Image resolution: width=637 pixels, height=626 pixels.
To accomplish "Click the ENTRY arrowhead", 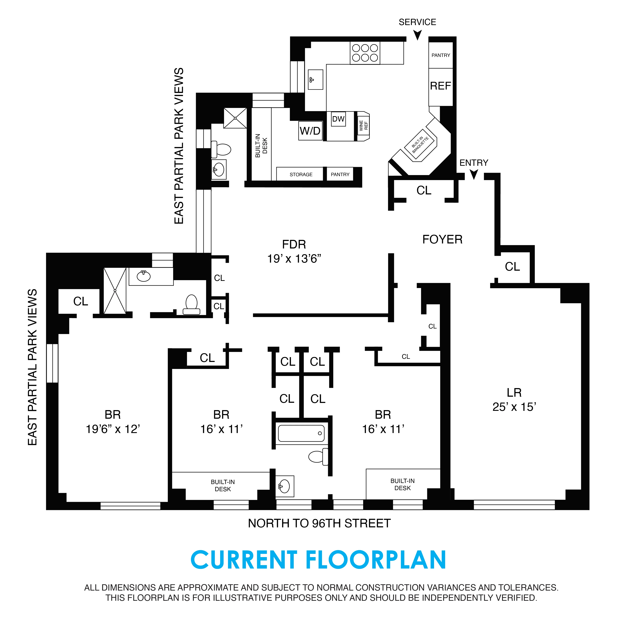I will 474,174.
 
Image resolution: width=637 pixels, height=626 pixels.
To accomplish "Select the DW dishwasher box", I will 338,119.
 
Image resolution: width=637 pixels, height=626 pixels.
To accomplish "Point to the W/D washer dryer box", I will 310,131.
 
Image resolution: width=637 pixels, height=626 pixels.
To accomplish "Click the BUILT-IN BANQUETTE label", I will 420,145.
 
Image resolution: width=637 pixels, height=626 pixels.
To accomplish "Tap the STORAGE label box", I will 301,174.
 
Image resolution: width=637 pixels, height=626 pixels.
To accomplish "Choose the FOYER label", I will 442,239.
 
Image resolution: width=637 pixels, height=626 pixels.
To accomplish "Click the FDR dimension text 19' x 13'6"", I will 294,259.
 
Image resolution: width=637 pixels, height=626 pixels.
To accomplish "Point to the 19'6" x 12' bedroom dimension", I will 113,429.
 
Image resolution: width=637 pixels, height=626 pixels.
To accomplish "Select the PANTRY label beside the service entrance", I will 440,55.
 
